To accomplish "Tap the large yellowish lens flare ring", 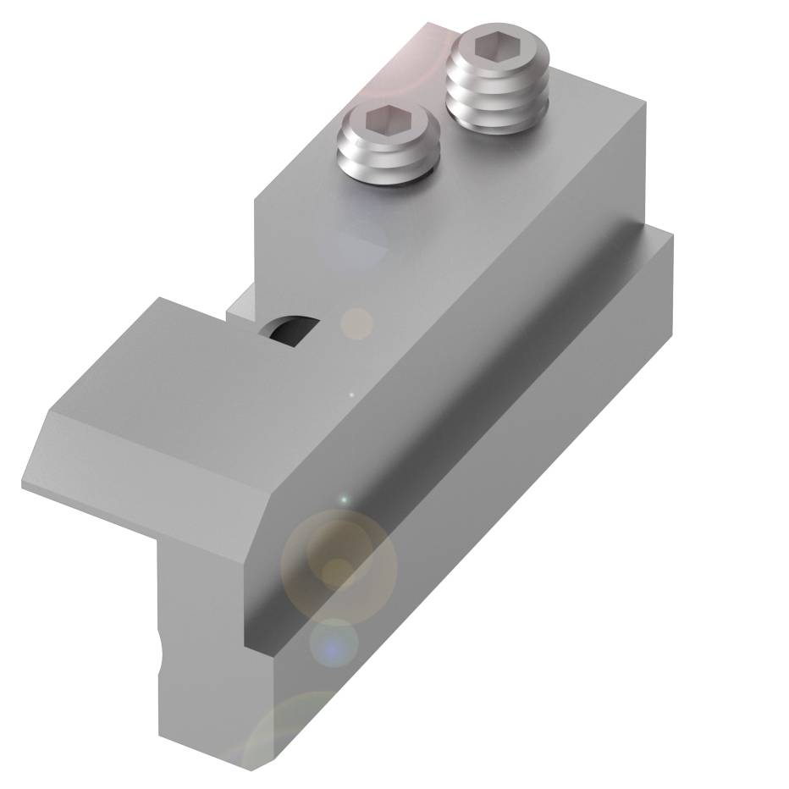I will click(339, 563).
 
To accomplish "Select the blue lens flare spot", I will click(334, 648).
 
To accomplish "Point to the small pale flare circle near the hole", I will click(356, 323).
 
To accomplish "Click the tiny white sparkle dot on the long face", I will click(352, 394).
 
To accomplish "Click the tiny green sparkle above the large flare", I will click(344, 500).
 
